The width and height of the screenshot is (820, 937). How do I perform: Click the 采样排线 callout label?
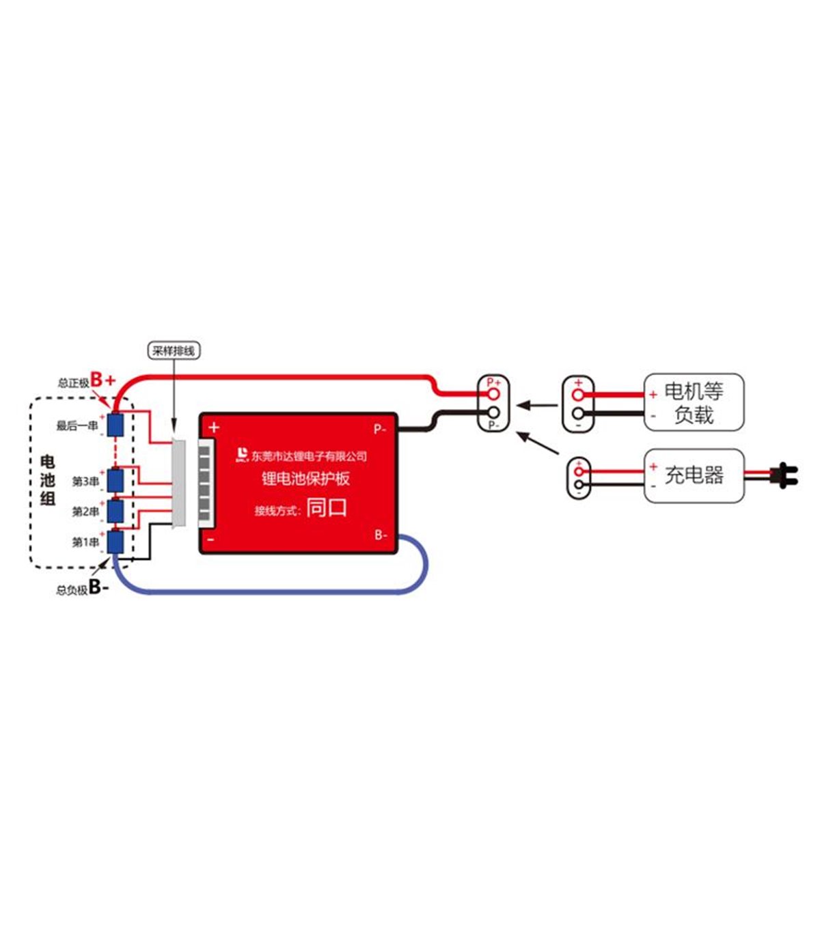pyautogui.click(x=174, y=351)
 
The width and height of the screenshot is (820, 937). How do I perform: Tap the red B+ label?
pyautogui.click(x=103, y=380)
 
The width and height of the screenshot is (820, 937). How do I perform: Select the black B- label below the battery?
pyautogui.click(x=98, y=587)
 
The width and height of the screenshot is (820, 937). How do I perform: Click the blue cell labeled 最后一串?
pyautogui.click(x=115, y=425)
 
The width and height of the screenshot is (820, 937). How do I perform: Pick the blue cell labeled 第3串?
pyautogui.click(x=115, y=481)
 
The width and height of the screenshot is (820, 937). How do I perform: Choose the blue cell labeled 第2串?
pyautogui.click(x=115, y=511)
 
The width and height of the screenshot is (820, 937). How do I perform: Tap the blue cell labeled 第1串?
pyautogui.click(x=115, y=542)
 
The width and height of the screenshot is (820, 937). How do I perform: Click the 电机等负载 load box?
pyautogui.click(x=694, y=402)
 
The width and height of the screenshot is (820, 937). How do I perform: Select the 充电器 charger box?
pyautogui.click(x=694, y=475)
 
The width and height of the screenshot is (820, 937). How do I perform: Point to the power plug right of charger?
pyautogui.click(x=783, y=475)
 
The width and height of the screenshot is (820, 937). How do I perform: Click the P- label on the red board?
pyautogui.click(x=380, y=430)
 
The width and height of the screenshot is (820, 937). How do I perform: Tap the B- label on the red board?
pyautogui.click(x=381, y=535)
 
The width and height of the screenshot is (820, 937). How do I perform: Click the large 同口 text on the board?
pyautogui.click(x=327, y=508)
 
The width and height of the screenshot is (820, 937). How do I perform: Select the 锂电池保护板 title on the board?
pyautogui.click(x=305, y=479)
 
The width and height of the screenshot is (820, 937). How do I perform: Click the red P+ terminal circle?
pyautogui.click(x=493, y=394)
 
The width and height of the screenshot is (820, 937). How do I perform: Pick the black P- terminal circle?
pyautogui.click(x=493, y=412)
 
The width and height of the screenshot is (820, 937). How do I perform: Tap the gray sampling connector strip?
pyautogui.click(x=179, y=482)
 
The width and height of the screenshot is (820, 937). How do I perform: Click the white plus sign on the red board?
pyautogui.click(x=214, y=428)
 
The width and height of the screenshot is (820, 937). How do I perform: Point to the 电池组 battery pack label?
pyautogui.click(x=48, y=480)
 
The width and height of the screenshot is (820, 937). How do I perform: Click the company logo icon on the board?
pyautogui.click(x=242, y=455)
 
